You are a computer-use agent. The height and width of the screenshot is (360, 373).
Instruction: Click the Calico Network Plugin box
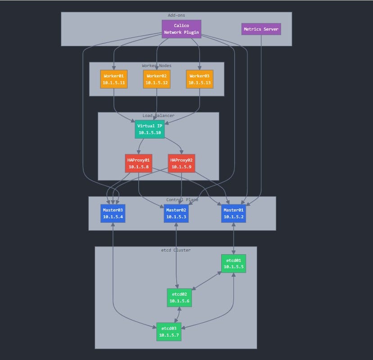click(x=181, y=29)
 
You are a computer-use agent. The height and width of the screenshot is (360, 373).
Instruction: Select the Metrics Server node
click(x=261, y=29)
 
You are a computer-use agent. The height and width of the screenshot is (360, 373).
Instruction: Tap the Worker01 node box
click(x=114, y=79)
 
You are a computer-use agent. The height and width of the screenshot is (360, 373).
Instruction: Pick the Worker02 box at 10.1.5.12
click(x=156, y=79)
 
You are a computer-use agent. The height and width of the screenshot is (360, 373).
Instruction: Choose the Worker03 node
click(x=200, y=79)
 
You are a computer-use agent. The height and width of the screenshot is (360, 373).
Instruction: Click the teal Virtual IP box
click(x=150, y=129)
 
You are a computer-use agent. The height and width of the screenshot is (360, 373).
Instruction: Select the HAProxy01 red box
click(x=138, y=163)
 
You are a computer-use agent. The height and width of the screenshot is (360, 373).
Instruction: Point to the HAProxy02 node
click(x=181, y=163)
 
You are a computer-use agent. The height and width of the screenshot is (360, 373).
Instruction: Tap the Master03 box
click(x=113, y=213)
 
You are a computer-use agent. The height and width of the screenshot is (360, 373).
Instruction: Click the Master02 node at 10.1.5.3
click(x=176, y=213)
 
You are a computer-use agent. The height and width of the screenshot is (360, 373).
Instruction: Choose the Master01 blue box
click(x=233, y=213)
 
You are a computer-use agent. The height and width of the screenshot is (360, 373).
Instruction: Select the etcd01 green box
click(x=233, y=263)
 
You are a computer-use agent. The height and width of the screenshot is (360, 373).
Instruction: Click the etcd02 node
click(x=179, y=297)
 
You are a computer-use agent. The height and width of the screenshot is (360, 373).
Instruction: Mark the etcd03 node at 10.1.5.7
click(x=168, y=332)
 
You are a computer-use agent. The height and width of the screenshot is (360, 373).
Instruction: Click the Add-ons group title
click(x=177, y=15)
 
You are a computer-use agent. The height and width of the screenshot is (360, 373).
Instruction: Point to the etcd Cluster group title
click(x=176, y=250)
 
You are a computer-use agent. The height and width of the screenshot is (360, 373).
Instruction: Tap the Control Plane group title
click(x=182, y=200)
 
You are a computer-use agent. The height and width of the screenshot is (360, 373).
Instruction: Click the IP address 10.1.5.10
click(x=150, y=133)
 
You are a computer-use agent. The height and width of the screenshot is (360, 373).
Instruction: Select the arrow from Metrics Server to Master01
click(x=261, y=135)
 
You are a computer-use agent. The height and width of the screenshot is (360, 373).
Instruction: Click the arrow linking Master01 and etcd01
click(x=233, y=238)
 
